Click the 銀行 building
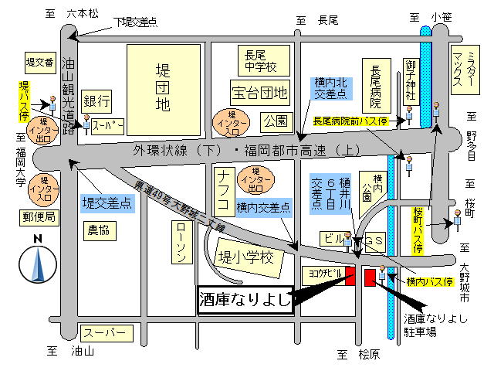point(97,100)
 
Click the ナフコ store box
point(222,192)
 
